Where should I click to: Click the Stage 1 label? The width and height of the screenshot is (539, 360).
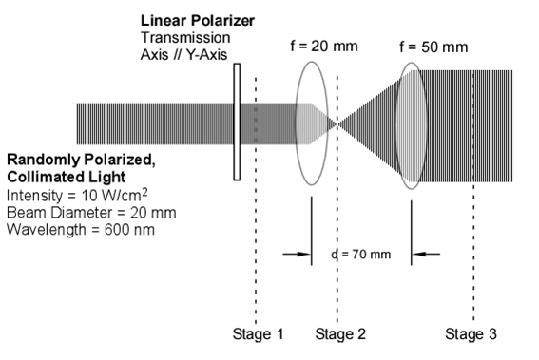(x=258, y=333)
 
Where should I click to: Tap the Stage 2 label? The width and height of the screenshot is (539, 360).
(x=339, y=333)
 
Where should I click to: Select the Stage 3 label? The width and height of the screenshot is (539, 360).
(x=472, y=333)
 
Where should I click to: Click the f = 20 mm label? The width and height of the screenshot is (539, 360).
(x=319, y=45)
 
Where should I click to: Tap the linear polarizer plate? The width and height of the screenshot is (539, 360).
(x=236, y=122)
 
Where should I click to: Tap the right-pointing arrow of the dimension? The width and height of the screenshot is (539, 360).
(x=298, y=254)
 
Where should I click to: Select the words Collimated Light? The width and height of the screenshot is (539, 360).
(x=54, y=178)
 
